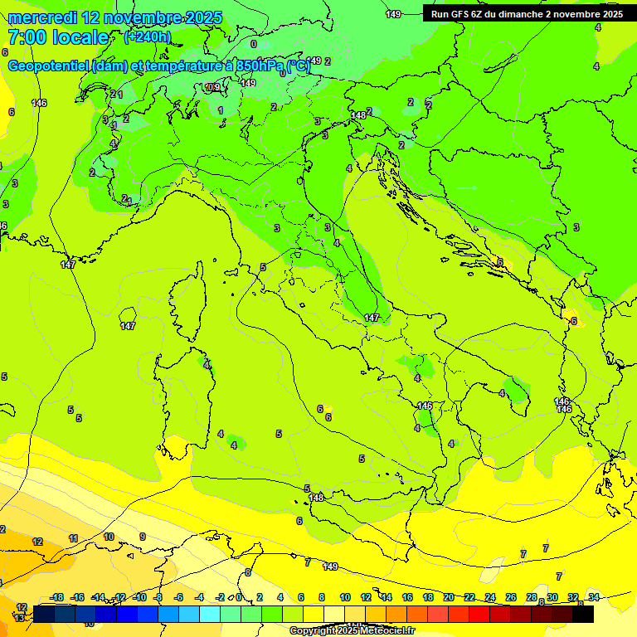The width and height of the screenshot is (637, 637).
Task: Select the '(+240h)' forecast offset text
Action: click(x=147, y=37)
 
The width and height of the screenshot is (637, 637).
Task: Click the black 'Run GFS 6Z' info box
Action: click(x=527, y=14)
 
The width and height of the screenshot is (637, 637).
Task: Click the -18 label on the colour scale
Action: click(x=57, y=598)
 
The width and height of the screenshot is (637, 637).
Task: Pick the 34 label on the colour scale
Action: click(x=594, y=598)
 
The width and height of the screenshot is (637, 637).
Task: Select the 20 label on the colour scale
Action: click(x=449, y=598)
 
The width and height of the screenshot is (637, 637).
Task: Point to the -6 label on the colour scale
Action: click(x=178, y=598)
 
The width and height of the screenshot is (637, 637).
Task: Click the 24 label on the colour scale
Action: click(x=490, y=598)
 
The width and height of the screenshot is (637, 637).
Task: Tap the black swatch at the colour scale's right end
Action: click(x=583, y=614)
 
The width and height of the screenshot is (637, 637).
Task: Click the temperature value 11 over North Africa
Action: click(x=73, y=539)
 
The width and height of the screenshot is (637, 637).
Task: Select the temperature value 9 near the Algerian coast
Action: click(x=142, y=537)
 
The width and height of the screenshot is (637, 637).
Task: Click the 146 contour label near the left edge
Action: click(x=39, y=103)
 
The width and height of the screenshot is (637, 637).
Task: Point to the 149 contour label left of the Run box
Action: click(x=393, y=14)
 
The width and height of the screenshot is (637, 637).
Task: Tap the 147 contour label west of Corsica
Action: click(x=128, y=326)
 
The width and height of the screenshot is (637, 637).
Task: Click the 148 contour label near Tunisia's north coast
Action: click(x=316, y=498)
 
